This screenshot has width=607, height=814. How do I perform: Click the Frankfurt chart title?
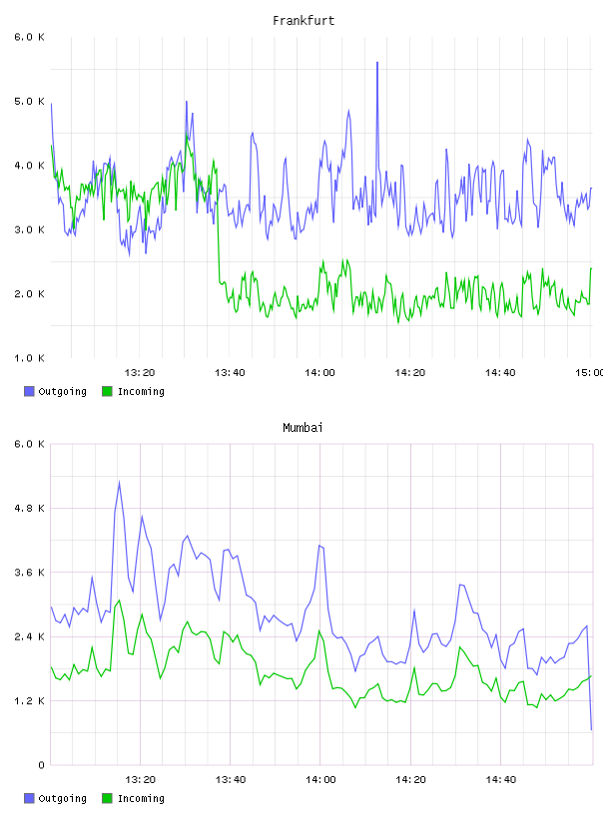coord(303,21)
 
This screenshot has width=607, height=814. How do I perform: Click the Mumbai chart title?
coord(303,428)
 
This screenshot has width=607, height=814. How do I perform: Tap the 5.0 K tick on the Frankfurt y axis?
coord(30,101)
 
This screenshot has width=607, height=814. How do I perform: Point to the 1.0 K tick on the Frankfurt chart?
coord(30,358)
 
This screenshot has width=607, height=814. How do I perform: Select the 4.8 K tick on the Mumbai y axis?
coord(30,508)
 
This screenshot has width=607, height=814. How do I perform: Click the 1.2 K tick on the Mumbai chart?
coord(30,701)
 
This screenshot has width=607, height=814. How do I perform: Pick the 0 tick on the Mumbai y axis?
coord(41,765)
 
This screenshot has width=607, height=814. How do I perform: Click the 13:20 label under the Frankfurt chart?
coord(140,373)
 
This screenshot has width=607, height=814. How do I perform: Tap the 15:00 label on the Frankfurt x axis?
coord(590,373)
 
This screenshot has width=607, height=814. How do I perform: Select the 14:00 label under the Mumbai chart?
coord(320,780)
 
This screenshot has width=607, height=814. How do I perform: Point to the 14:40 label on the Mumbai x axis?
coord(500,780)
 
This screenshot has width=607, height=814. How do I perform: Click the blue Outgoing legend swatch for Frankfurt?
coord(29,391)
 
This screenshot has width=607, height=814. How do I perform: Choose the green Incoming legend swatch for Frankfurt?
coord(107,391)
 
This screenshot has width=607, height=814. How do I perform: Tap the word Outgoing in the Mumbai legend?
coord(62,799)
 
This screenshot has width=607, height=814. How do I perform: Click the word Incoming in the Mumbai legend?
coord(141,799)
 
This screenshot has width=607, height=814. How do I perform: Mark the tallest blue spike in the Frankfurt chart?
coord(377,63)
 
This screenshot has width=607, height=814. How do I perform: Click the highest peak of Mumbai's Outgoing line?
coord(119,482)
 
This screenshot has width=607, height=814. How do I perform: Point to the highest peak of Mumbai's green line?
coord(119,601)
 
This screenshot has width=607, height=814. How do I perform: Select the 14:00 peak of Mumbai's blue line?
coord(320,546)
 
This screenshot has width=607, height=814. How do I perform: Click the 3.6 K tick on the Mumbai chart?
coord(30,573)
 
